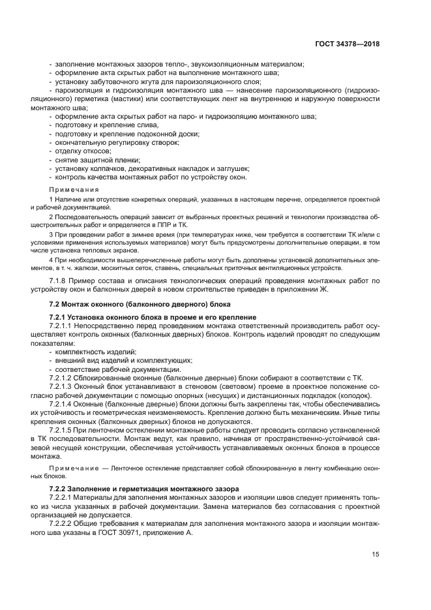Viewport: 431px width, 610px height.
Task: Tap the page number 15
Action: click(x=376, y=555)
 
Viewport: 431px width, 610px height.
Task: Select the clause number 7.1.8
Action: click(x=61, y=281)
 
